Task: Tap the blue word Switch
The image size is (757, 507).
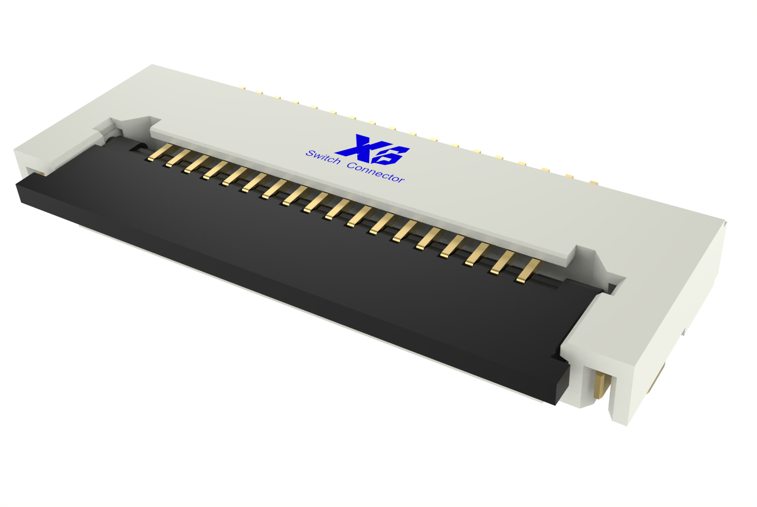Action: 323,157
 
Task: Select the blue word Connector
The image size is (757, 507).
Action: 376,172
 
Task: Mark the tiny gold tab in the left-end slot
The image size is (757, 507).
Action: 40,173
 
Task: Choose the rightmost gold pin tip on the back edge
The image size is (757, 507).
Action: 593,181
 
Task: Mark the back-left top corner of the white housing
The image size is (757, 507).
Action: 152,65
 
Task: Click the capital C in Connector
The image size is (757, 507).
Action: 351,165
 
